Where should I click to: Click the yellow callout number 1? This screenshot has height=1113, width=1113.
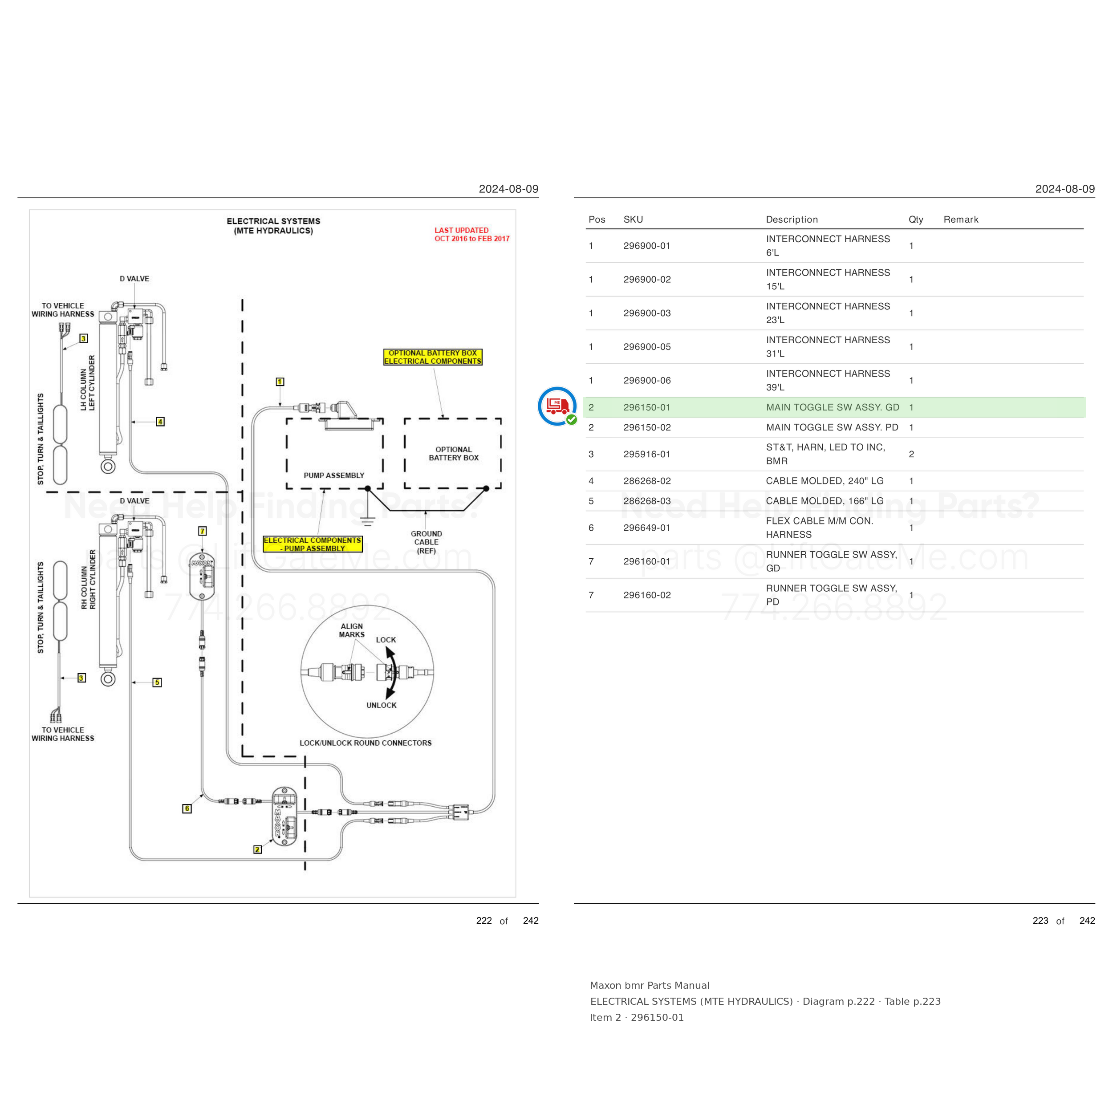(280, 382)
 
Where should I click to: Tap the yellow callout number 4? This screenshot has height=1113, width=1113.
(160, 422)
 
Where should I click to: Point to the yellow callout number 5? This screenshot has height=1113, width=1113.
(157, 682)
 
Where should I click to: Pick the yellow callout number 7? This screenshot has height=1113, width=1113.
(202, 531)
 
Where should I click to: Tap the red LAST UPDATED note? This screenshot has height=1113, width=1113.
(472, 235)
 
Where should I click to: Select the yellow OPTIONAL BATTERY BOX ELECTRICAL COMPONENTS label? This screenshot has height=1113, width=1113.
(433, 357)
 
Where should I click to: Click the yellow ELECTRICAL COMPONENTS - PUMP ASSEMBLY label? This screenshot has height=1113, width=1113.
(313, 544)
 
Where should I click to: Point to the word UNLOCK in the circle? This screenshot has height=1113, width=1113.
(382, 705)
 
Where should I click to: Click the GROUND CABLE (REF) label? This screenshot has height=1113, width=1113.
(427, 542)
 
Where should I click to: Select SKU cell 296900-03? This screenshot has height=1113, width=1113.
(647, 313)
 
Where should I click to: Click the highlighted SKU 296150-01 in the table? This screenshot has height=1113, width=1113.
(647, 407)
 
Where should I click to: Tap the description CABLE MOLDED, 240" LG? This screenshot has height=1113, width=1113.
(825, 481)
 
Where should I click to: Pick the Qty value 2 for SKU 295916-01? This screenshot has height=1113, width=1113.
(911, 454)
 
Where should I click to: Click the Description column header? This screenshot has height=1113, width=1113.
(792, 219)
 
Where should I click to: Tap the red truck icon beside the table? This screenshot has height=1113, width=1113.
(557, 406)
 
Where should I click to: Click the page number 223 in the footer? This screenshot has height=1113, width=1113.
(1040, 921)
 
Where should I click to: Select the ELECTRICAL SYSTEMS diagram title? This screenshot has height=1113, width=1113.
(274, 226)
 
